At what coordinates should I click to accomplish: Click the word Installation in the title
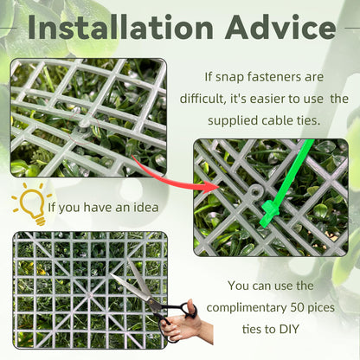click(120, 27)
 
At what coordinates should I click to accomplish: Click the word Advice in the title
click(280, 27)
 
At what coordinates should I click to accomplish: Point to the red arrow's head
click(211, 188)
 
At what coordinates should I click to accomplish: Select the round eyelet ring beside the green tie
click(255, 191)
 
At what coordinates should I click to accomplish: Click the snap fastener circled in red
click(84, 125)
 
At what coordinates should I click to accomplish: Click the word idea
click(145, 208)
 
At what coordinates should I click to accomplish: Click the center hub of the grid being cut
click(89, 295)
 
